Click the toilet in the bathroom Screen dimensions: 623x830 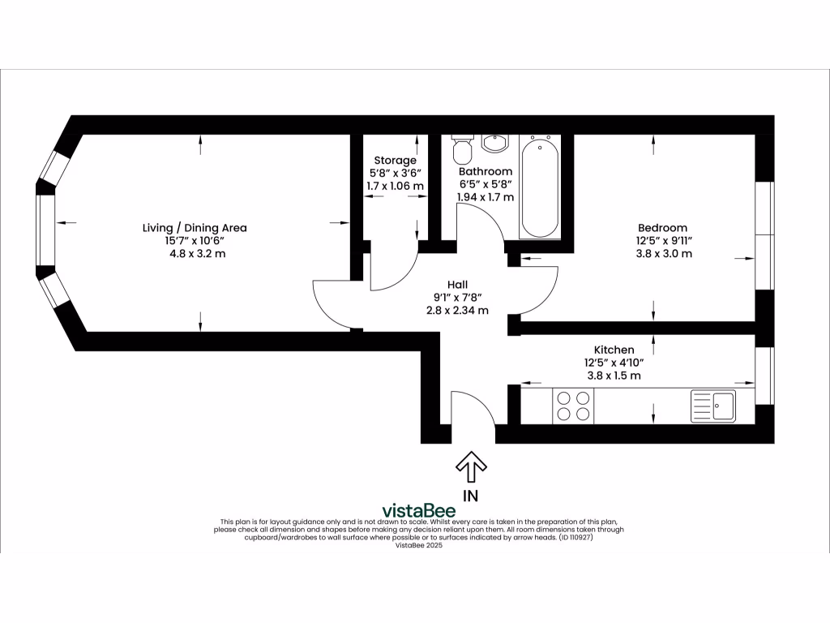463,148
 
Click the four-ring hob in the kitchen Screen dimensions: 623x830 572,405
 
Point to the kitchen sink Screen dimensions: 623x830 713,405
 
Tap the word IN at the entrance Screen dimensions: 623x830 470,495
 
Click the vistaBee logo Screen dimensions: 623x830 418,510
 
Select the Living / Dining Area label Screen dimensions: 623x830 195,228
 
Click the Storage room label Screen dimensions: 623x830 395,160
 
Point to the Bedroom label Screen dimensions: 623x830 662,228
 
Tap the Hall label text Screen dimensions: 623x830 457,284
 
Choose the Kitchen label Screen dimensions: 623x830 614,350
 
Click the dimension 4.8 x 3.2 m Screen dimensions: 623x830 195,254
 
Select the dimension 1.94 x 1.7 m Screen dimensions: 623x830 486,197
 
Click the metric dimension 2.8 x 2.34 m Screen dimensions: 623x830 457,310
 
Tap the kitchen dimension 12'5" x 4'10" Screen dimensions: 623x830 614,363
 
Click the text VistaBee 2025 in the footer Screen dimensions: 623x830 418,545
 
